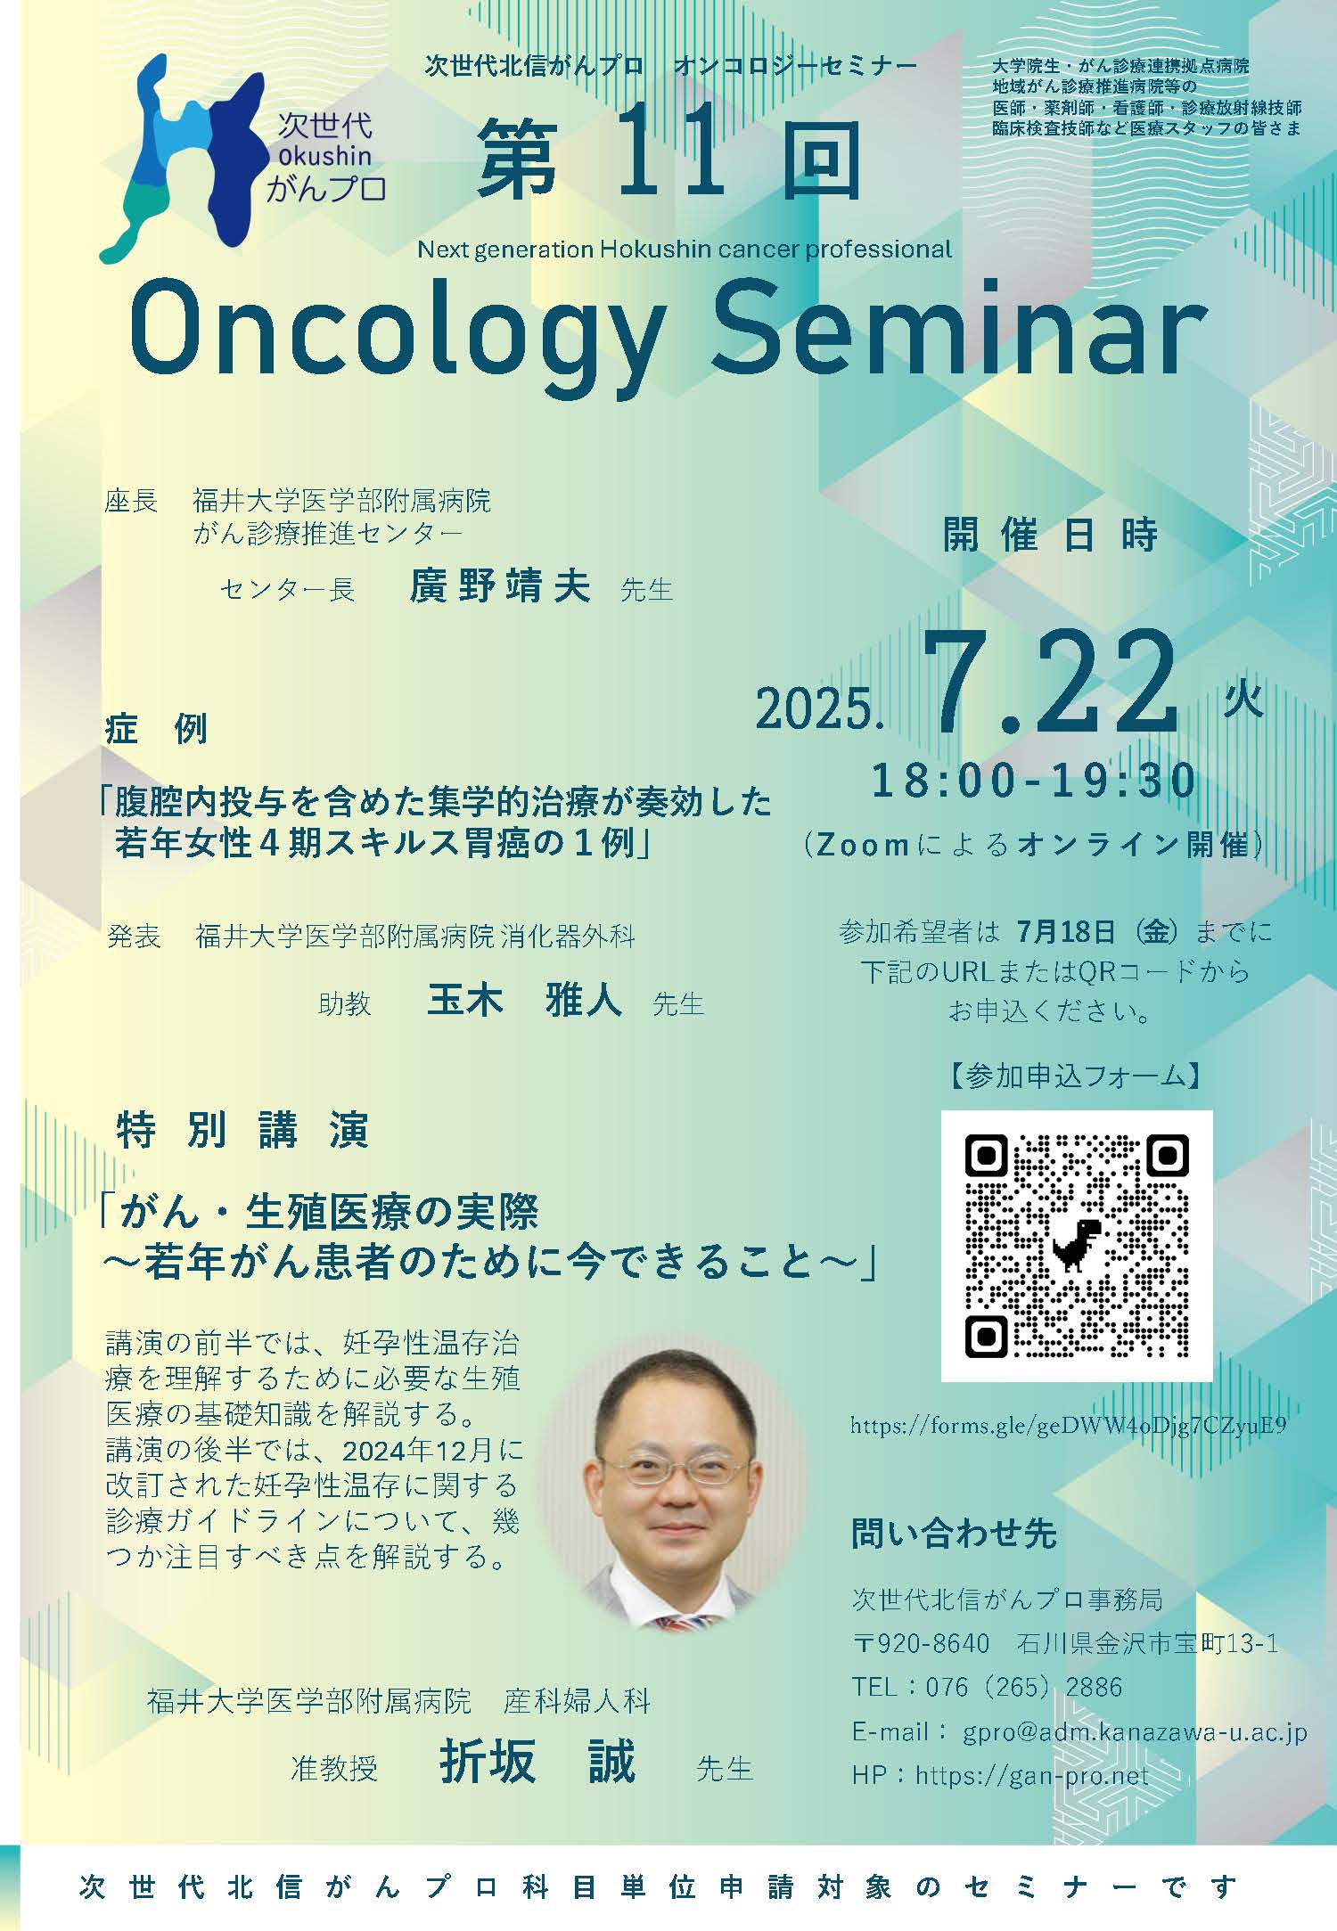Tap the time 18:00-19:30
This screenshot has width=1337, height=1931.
(x=1034, y=781)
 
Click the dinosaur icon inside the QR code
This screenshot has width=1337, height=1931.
(x=1076, y=1244)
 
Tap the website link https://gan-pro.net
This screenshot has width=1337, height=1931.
(x=1031, y=1775)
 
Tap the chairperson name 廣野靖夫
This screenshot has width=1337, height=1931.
(x=500, y=586)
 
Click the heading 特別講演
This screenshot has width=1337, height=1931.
(x=242, y=1131)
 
